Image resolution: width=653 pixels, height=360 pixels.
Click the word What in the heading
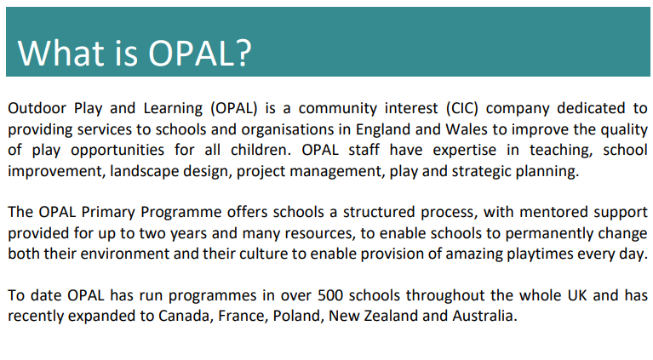point(60,53)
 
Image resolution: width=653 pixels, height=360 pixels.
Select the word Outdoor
point(37,108)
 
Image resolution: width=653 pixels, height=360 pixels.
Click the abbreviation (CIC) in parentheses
point(462,109)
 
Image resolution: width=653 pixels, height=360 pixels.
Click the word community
point(338,109)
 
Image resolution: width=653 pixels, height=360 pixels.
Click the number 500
point(330,295)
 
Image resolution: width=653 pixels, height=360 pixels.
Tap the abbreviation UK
point(576,295)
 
